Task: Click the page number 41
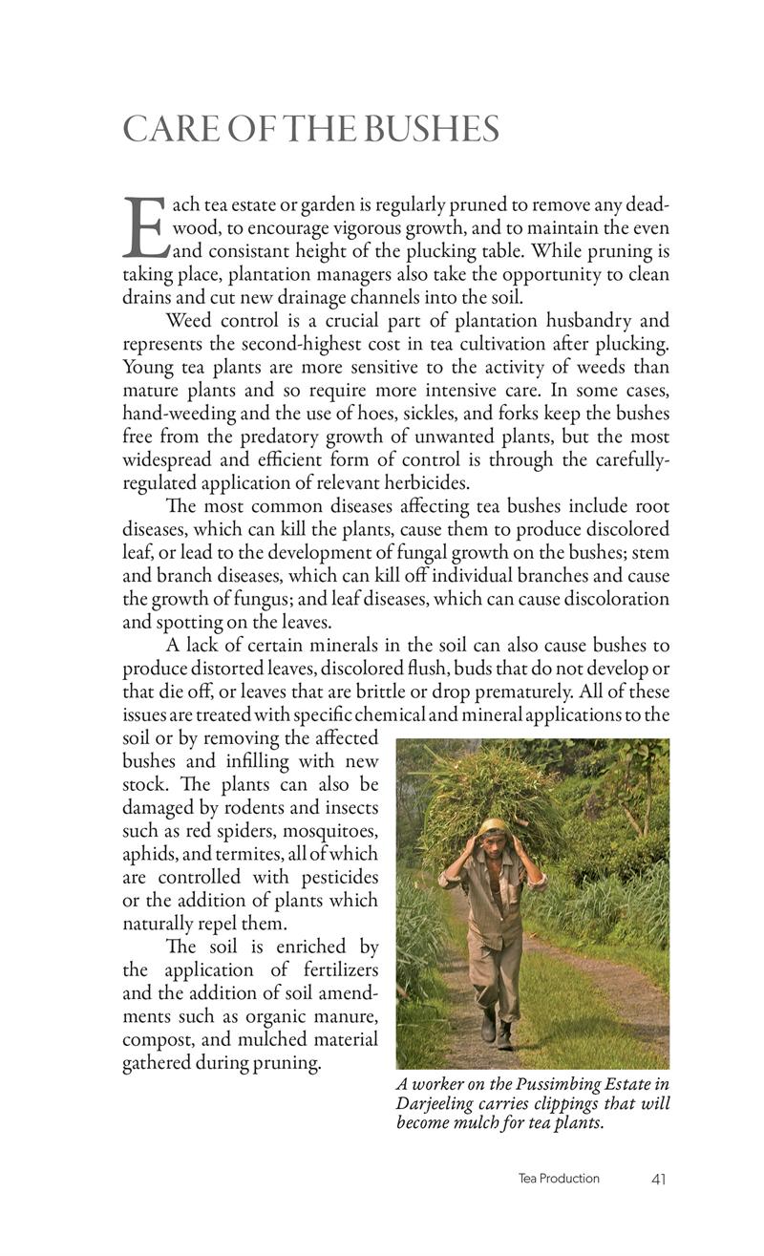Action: tap(658, 1179)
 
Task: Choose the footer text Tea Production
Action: tap(559, 1179)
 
